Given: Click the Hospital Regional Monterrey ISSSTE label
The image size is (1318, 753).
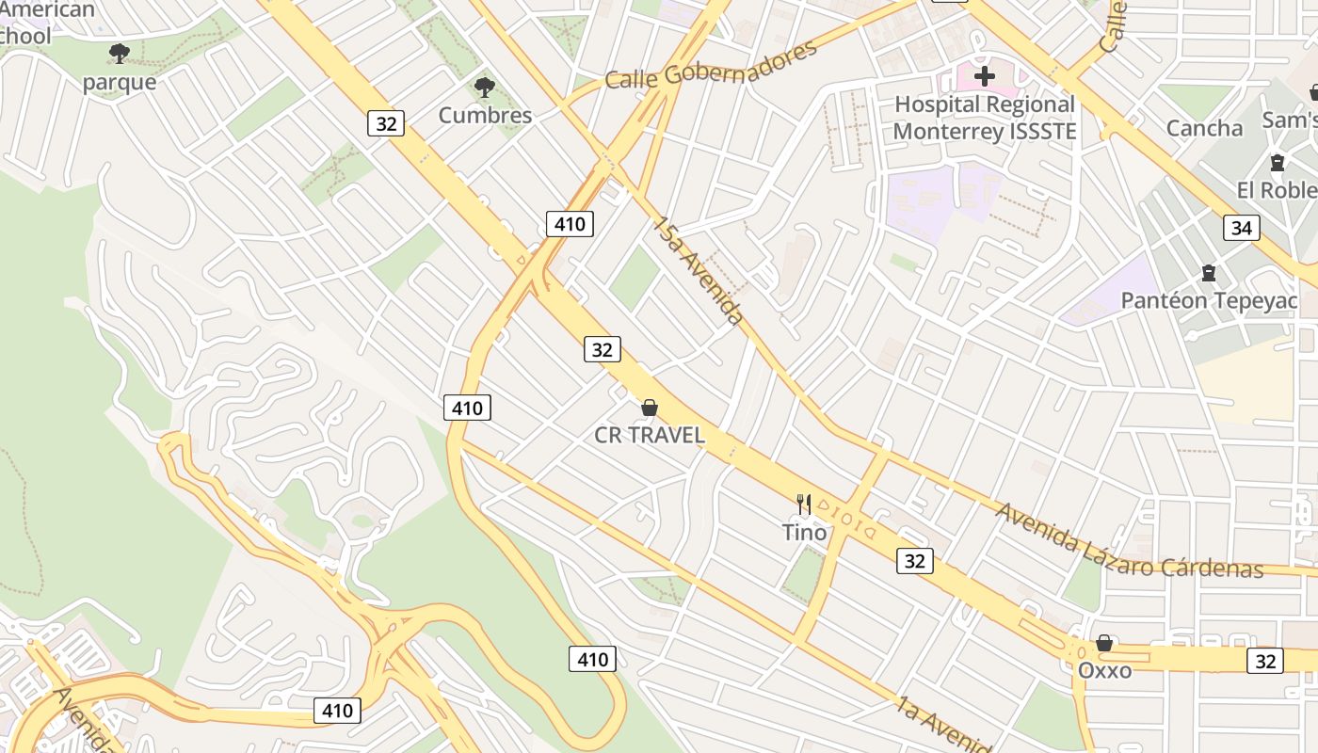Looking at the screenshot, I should click(984, 118).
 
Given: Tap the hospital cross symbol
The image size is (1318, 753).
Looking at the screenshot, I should click(985, 75).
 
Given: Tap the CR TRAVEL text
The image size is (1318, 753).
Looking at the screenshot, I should click(650, 435).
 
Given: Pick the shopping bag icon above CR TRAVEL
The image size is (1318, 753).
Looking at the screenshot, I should click(649, 408).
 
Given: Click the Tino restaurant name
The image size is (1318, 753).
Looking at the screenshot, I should click(805, 533).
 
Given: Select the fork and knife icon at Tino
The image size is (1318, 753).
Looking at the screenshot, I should click(804, 505).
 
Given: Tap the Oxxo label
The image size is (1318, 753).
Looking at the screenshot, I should click(1104, 671).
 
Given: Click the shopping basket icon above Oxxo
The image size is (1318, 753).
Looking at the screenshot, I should click(1104, 644).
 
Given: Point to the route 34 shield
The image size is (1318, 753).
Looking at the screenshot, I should click(1242, 228).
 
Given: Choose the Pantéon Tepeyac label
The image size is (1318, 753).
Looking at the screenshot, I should click(1209, 301).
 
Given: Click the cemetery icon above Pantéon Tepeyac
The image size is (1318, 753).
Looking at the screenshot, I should click(1208, 274).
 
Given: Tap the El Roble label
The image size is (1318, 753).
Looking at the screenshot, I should click(1277, 190).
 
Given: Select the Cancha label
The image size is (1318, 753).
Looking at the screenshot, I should click(1204, 128).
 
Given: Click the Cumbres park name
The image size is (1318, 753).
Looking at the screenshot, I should click(485, 115).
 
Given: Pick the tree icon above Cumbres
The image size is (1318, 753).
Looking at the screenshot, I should click(485, 88).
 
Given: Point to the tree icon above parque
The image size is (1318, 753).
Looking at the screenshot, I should click(119, 53).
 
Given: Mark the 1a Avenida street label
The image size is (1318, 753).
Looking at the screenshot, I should click(941, 725).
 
